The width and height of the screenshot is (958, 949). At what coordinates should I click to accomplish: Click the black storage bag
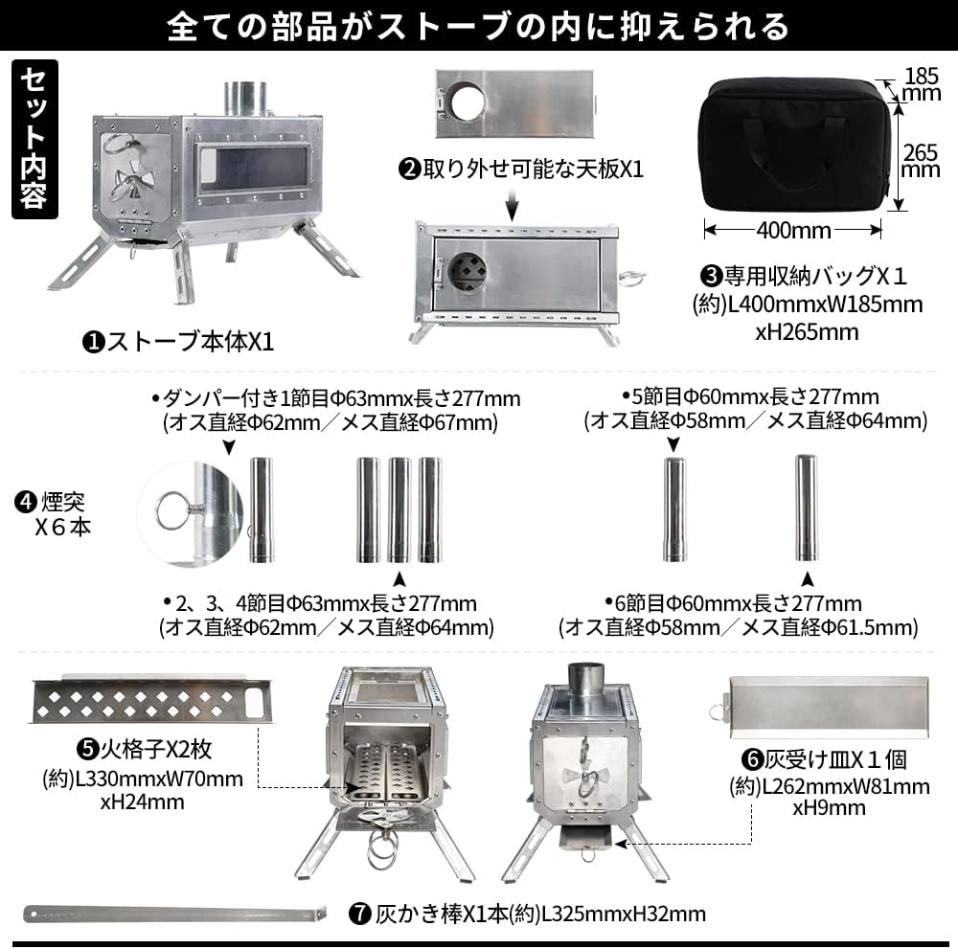(796, 144)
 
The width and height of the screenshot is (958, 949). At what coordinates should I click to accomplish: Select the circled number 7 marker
(360, 913)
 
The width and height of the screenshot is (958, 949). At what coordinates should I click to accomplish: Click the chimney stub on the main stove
(243, 99)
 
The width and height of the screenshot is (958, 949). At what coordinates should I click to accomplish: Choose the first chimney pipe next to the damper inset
(261, 510)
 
